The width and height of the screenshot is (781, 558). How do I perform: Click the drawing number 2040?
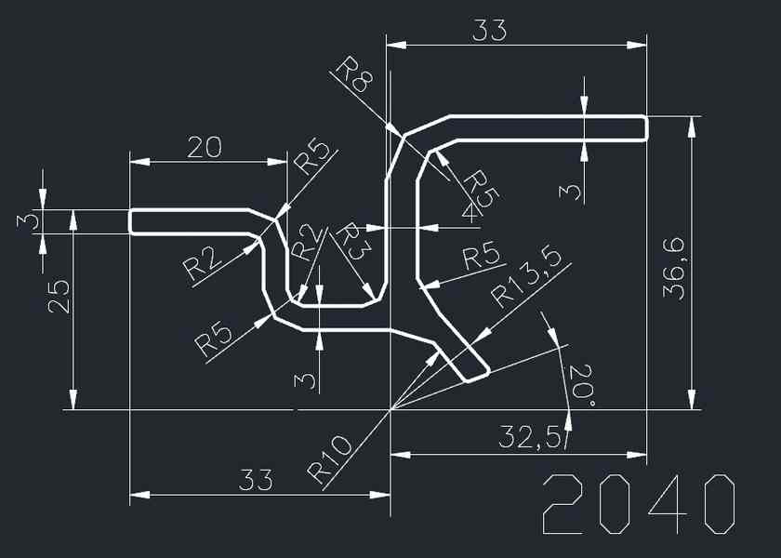640,504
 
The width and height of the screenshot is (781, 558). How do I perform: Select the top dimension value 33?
490,31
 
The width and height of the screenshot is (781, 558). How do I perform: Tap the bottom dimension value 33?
256,480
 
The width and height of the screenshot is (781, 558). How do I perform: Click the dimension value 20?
205,147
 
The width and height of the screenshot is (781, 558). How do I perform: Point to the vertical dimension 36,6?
673,267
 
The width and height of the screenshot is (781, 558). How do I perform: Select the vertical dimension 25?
58,296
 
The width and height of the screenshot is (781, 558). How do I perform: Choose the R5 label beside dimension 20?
311,158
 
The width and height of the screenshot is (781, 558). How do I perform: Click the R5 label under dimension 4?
481,187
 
